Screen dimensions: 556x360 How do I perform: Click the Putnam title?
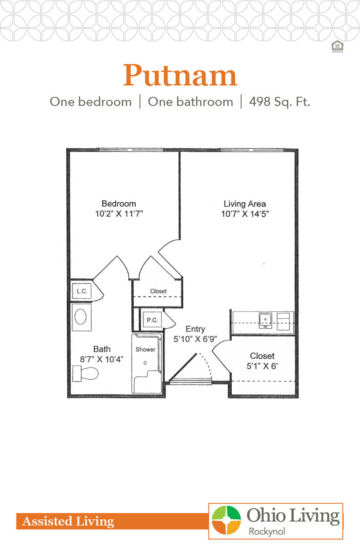click(180, 76)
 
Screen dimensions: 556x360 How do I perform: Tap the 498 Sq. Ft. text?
click(279, 102)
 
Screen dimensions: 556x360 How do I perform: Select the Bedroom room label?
click(119, 204)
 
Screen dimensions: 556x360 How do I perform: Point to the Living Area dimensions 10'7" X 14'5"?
click(245, 214)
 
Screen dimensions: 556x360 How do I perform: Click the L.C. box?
click(82, 291)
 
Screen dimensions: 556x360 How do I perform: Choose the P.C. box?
click(152, 320)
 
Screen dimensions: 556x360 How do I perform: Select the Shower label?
click(145, 349)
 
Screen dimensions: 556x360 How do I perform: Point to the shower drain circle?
click(145, 363)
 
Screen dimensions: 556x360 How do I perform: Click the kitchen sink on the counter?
click(265, 320)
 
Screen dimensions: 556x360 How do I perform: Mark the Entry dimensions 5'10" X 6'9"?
click(195, 338)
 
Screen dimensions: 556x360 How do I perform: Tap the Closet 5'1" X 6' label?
click(262, 361)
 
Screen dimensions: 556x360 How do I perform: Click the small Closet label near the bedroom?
click(158, 291)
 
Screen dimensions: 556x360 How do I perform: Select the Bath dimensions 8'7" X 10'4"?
click(102, 359)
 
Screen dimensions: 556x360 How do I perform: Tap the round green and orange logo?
click(226, 520)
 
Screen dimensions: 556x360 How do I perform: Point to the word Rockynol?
click(267, 531)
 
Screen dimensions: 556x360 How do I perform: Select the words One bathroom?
click(190, 102)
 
